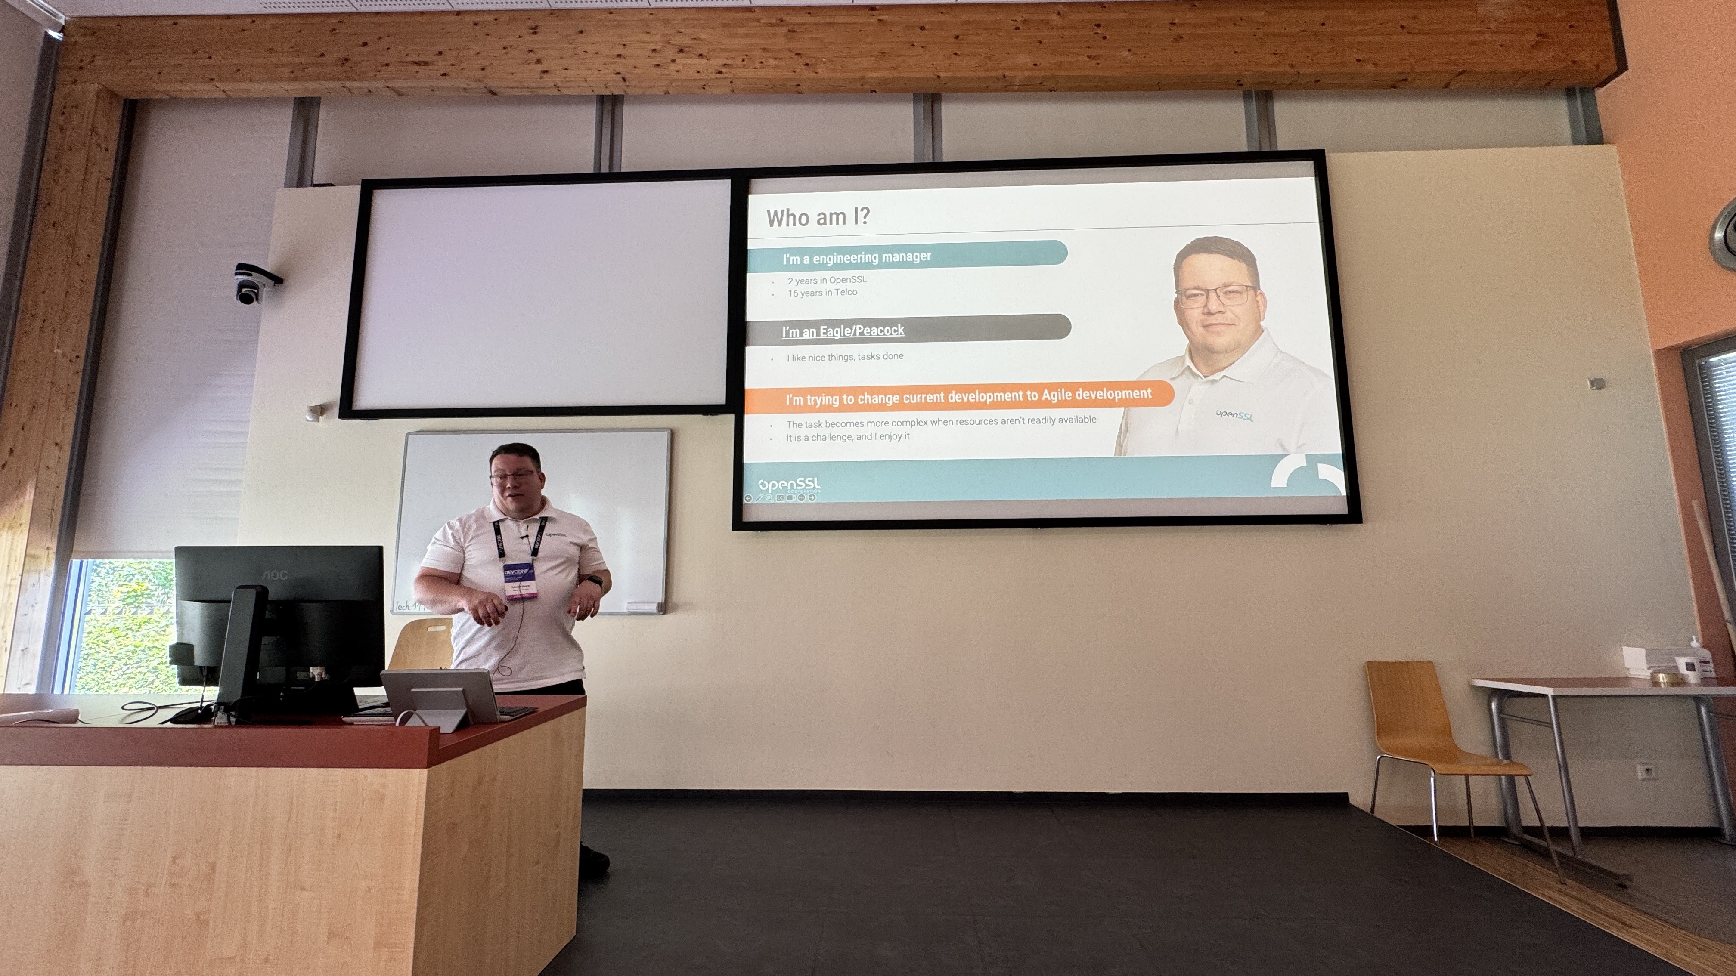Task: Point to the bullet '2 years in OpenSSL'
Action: coord(827,280)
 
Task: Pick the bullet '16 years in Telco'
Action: coord(822,292)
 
